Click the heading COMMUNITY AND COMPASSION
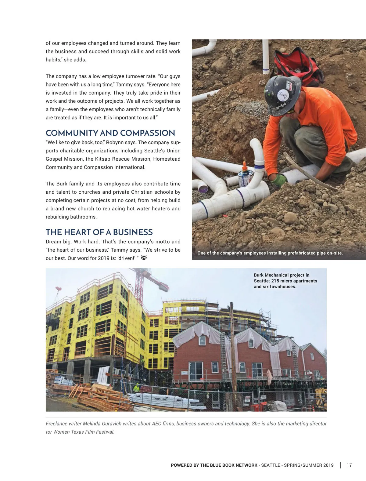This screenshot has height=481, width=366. coord(110,133)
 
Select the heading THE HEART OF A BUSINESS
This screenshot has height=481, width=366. coord(99,232)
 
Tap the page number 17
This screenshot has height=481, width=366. coord(349,465)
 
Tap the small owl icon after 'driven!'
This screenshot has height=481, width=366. coord(144,258)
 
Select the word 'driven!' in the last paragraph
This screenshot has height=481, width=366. coord(127,258)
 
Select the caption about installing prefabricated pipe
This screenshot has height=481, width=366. coord(270,253)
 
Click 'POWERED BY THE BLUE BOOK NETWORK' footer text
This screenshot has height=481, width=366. coord(214,465)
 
